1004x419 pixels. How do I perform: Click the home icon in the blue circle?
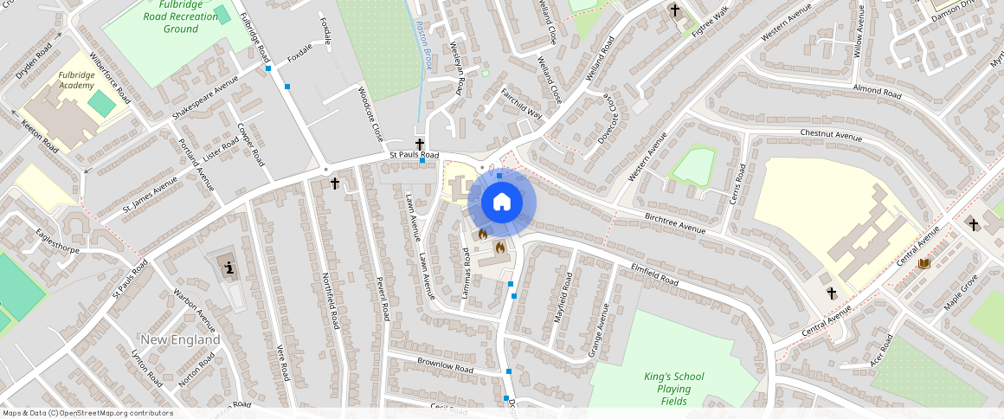pyautogui.click(x=501, y=203)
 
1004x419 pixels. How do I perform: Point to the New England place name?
pyautogui.click(x=180, y=339)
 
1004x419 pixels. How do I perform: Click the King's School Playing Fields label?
pyautogui.click(x=673, y=389)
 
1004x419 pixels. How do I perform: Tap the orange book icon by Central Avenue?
pyautogui.click(x=924, y=262)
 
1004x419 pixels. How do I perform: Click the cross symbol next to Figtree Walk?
pyautogui.click(x=674, y=10)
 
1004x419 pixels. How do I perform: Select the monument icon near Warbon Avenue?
pyautogui.click(x=228, y=268)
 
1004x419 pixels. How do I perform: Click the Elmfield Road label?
pyautogui.click(x=654, y=274)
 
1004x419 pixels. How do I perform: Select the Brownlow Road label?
pyautogui.click(x=445, y=364)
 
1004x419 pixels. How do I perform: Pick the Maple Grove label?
pyautogui.click(x=960, y=293)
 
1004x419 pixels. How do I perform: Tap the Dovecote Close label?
pyautogui.click(x=606, y=124)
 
